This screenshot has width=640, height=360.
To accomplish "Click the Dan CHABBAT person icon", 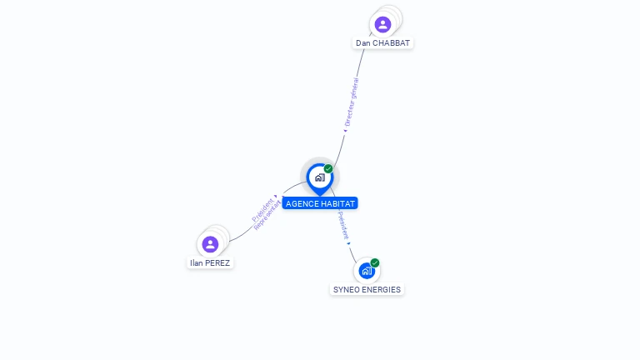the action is [382, 24].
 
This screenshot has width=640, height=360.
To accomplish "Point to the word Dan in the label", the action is [363, 42].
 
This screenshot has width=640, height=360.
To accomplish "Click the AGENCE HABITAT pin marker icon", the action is [320, 177].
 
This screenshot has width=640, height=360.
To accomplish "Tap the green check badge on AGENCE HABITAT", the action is [328, 169].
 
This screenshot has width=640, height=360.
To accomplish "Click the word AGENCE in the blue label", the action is [302, 203].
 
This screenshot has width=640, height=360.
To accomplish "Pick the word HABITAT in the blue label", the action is [337, 203].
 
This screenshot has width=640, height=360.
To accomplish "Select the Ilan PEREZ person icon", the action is [210, 244].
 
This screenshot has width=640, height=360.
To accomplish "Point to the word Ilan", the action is [197, 262].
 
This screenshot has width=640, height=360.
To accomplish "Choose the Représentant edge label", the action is [268, 215].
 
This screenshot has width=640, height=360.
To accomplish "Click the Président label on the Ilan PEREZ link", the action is [262, 209].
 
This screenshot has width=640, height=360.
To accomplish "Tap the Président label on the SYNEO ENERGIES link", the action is [343, 226].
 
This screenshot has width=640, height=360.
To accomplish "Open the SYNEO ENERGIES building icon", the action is [366, 271].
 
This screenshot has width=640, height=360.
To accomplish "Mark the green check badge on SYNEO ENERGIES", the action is [375, 262].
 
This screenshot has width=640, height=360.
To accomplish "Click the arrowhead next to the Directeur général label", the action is [345, 130].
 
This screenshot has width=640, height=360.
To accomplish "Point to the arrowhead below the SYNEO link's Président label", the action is [348, 243].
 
